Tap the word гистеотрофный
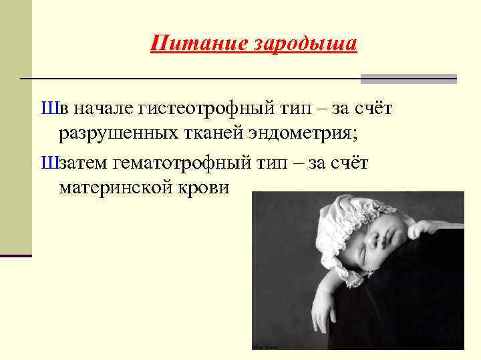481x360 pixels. [196, 107]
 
